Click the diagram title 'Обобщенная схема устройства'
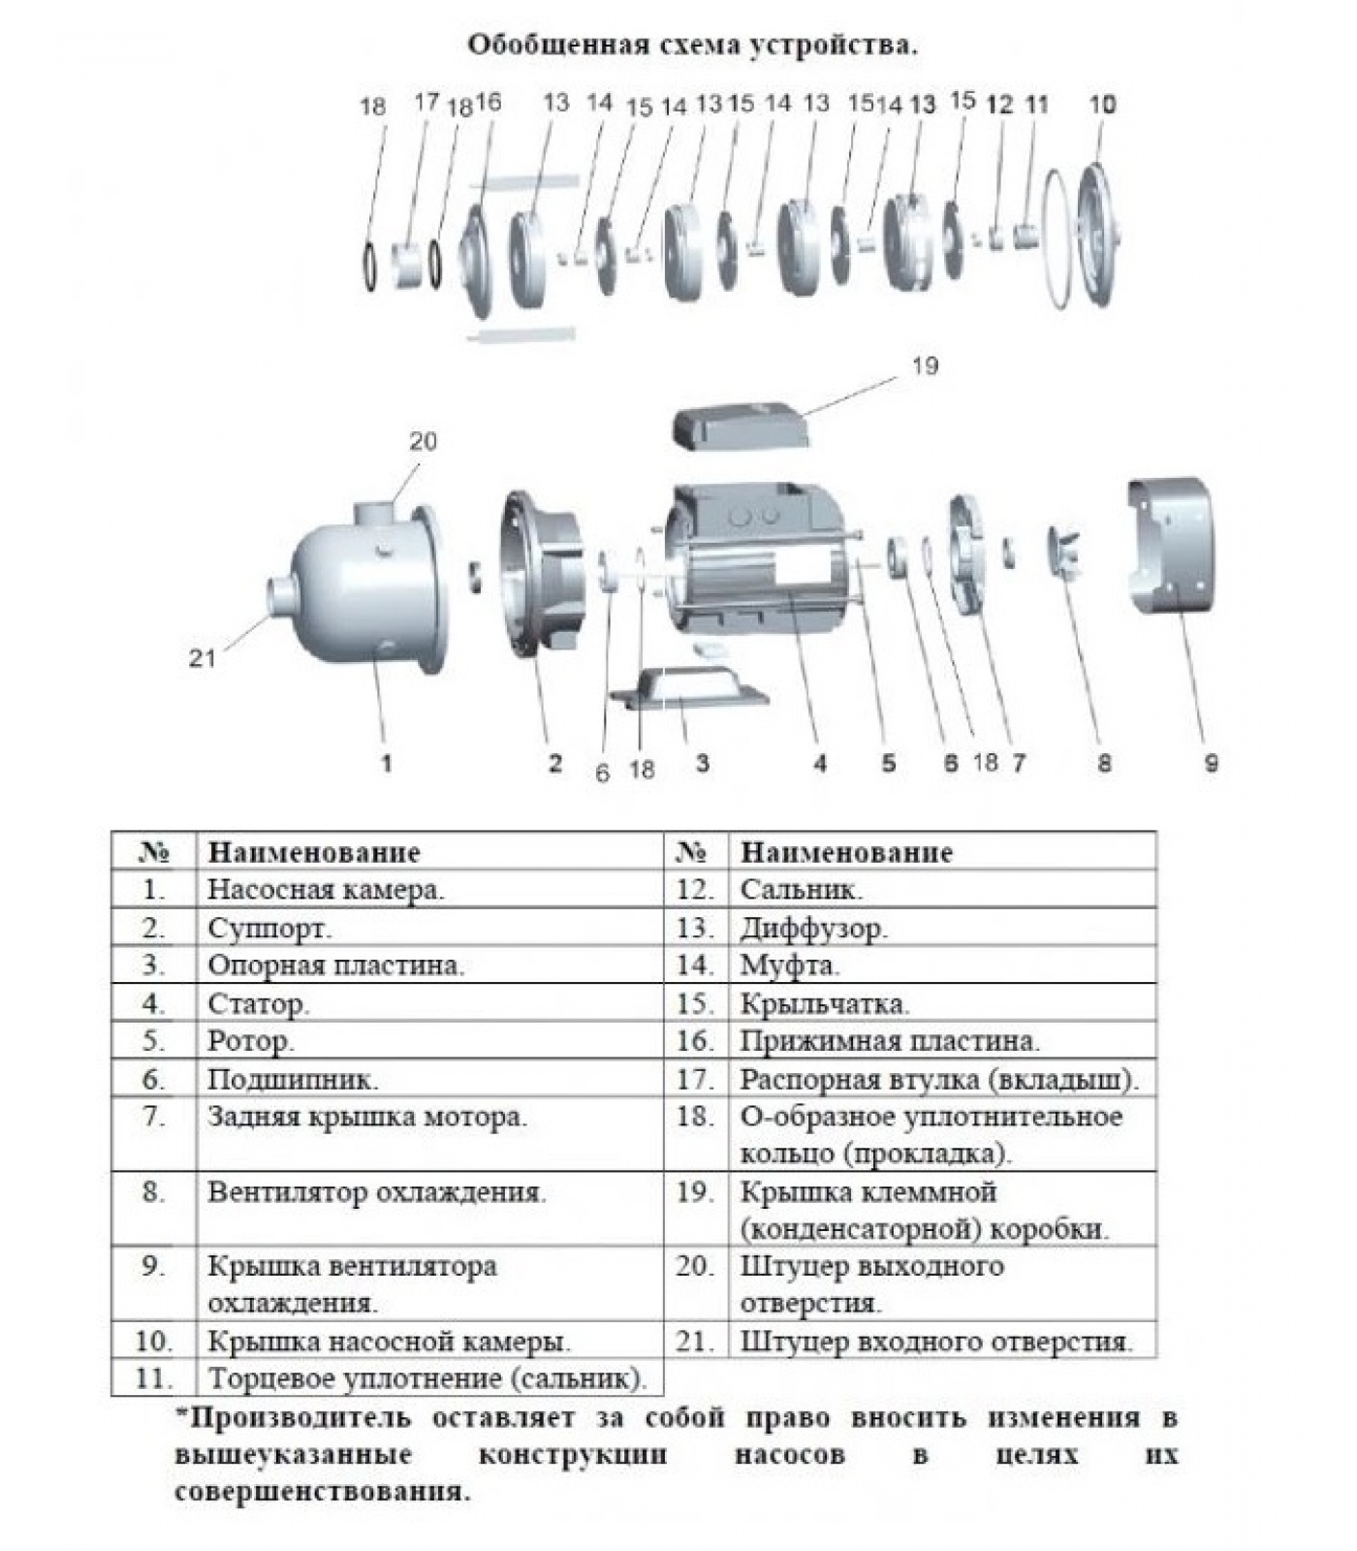pos(691,45)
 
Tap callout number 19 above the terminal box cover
pos(925,365)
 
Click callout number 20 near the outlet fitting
pos(423,441)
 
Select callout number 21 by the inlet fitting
pos(202,658)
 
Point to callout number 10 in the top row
pos(1103,104)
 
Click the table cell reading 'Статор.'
pos(259,1003)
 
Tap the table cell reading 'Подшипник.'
pos(293,1079)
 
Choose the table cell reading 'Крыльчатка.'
pos(825,1003)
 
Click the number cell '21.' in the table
pos(695,1342)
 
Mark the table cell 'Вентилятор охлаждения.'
pos(377,1191)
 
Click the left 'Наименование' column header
pos(314,852)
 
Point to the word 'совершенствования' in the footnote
pos(322,1491)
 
